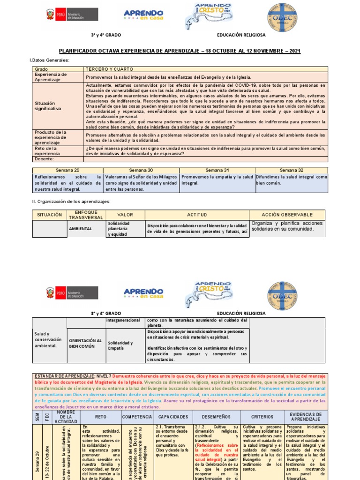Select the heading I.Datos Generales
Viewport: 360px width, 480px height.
pos(49,60)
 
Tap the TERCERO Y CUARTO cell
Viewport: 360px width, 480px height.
pos(103,69)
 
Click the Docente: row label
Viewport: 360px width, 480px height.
pos(45,159)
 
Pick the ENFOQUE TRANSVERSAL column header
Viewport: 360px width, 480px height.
pos(86,214)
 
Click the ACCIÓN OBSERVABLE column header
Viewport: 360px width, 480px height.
pos(287,214)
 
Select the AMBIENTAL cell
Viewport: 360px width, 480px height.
pos(81,229)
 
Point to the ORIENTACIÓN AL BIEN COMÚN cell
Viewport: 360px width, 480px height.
pos(85,343)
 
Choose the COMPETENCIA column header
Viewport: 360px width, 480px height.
pos(137,417)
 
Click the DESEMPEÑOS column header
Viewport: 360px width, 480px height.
pos(216,417)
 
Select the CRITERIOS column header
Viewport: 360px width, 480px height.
pos(259,417)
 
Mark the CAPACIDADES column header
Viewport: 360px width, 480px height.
pos(173,417)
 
